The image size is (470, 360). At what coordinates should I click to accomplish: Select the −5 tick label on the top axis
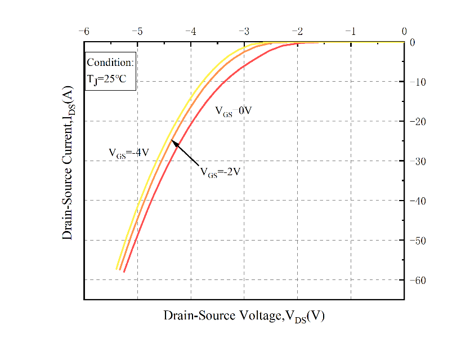coord(137,32)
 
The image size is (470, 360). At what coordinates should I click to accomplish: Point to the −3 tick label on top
coord(244,32)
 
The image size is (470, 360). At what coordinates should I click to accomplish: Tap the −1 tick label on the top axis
coord(351,32)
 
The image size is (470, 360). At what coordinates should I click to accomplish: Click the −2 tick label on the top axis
coord(297,32)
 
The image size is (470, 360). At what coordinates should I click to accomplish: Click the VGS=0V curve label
coord(233,112)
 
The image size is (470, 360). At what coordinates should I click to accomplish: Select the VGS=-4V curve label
coord(128,153)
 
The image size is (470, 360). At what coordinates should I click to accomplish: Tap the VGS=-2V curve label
coord(220,172)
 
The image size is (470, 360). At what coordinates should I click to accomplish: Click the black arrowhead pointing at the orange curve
coord(174,142)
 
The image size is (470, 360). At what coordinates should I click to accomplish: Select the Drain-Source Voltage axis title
coord(244,315)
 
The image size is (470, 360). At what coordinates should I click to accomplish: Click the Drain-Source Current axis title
coord(68,169)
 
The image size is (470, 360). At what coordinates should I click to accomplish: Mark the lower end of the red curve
coord(124,272)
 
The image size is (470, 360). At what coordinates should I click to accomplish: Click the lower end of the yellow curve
coord(117,269)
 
